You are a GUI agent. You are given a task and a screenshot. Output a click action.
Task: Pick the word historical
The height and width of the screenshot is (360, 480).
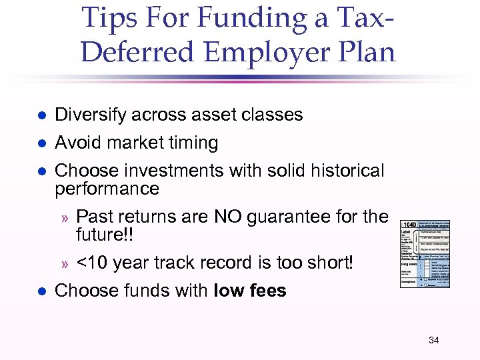pyautogui.click(x=340, y=171)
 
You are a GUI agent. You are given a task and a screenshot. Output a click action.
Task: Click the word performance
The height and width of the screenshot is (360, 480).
pyautogui.click(x=107, y=189)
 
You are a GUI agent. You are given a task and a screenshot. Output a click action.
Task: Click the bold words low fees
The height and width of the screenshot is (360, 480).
pyautogui.click(x=250, y=291)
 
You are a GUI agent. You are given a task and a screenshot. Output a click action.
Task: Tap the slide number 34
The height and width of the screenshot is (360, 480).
pyautogui.click(x=434, y=341)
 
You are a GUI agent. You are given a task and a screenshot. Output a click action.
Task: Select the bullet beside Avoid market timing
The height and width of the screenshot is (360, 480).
pyautogui.click(x=41, y=143)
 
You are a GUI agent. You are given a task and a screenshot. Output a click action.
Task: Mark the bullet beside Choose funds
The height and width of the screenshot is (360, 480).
pyautogui.click(x=41, y=291)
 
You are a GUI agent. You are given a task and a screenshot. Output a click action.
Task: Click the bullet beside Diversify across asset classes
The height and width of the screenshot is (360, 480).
pyautogui.click(x=41, y=115)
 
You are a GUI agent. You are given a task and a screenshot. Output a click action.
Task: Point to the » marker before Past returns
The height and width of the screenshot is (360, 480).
pyautogui.click(x=65, y=217)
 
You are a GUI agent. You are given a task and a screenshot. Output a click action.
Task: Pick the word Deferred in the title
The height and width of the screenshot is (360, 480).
pyautogui.click(x=136, y=52)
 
